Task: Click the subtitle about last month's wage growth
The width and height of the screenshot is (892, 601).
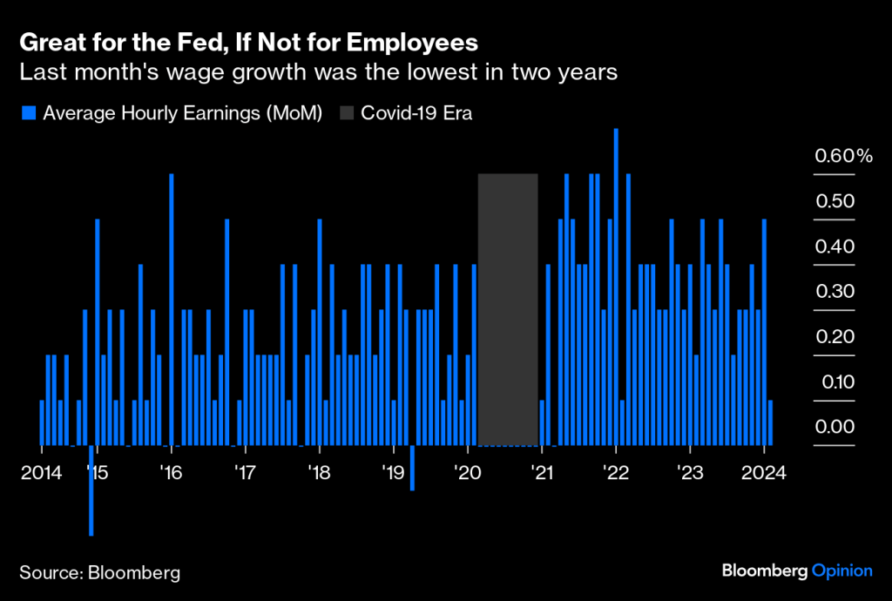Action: click(318, 72)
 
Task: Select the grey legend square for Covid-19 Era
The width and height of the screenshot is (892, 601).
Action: click(345, 112)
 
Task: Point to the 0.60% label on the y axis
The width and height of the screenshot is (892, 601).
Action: click(842, 156)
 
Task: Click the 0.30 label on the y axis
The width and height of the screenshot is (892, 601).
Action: click(835, 291)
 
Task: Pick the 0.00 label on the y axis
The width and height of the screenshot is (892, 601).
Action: click(835, 426)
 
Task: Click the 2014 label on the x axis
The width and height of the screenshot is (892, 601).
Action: click(42, 473)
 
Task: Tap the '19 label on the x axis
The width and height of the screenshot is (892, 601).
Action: click(394, 473)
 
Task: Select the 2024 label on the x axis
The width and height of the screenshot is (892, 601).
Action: click(764, 473)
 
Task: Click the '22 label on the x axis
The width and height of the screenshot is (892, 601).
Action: click(616, 473)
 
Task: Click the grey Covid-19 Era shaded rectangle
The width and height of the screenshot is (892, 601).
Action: click(508, 309)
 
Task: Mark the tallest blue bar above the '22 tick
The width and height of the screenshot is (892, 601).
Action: click(616, 287)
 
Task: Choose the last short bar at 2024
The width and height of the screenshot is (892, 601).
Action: click(771, 422)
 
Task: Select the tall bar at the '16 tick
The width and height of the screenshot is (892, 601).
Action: click(172, 309)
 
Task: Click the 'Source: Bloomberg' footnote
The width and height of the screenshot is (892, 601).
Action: click(99, 572)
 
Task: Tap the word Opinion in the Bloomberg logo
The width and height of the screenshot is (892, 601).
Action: click(841, 571)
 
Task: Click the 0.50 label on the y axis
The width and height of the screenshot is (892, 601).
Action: click(835, 201)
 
